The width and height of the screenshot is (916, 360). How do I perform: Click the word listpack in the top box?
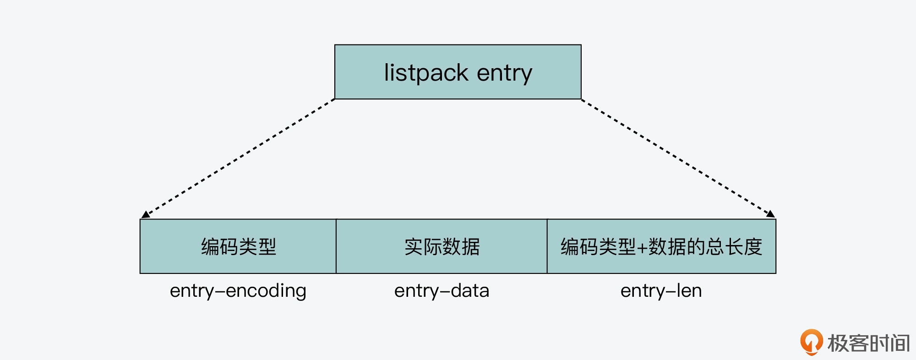pos(426,73)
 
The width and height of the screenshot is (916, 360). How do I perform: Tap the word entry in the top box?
pos(504,73)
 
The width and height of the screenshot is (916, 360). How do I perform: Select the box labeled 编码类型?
pos(238,246)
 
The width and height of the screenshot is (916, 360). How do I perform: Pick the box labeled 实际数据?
pos(442,246)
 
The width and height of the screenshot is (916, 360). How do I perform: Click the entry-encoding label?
pos(238,291)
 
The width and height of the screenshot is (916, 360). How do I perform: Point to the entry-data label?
pos(442,291)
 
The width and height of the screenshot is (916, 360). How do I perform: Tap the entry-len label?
pos(661,291)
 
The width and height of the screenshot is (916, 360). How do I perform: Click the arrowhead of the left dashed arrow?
pos(146,214)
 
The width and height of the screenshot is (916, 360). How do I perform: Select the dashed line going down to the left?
pos(238,158)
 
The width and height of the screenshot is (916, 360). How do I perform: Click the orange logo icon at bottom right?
pos(811,342)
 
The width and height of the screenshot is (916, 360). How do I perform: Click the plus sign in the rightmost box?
pos(642,248)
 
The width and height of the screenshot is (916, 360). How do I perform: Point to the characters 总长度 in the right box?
pos(734,247)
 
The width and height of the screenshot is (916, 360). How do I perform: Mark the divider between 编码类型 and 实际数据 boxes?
pos(336,246)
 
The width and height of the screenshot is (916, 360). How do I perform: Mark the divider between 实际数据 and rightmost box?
pos(547,246)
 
